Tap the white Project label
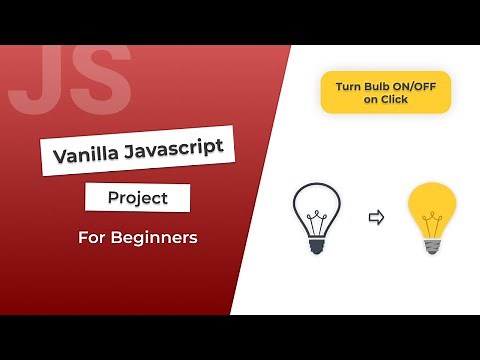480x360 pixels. [x=138, y=198]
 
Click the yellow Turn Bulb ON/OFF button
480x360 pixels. [x=385, y=92]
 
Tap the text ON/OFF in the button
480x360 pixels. [x=413, y=85]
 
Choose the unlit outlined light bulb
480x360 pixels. [x=316, y=215]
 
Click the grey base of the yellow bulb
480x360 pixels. [x=432, y=243]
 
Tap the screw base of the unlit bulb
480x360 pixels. [x=316, y=243]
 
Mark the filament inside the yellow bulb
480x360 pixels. [x=432, y=217]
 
